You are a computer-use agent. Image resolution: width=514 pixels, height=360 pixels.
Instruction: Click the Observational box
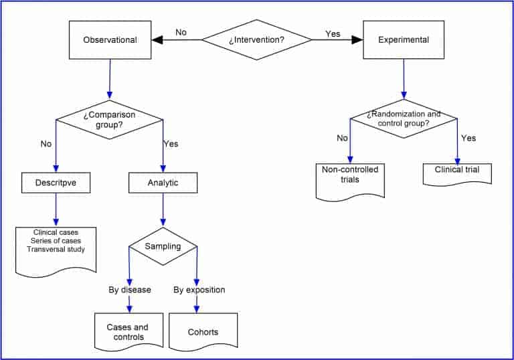click(110, 40)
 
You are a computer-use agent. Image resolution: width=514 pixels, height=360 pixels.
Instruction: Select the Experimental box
click(404, 40)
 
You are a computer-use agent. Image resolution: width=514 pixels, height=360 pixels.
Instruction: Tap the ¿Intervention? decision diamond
click(256, 40)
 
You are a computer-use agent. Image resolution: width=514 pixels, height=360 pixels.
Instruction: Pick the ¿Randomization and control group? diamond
click(404, 118)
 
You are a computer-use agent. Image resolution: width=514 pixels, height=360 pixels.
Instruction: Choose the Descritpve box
click(56, 183)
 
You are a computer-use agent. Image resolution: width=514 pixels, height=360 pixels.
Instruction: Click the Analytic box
click(163, 183)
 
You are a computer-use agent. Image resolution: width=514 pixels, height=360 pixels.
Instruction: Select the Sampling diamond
click(163, 246)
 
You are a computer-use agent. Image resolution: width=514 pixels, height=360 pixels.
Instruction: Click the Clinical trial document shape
click(457, 171)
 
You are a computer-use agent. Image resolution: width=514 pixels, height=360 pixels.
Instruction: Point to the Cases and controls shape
click(128, 331)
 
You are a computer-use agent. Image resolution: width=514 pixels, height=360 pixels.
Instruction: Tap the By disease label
click(129, 290)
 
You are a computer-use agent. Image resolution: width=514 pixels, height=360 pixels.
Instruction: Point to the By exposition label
click(199, 290)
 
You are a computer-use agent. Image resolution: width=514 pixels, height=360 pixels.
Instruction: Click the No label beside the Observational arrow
click(181, 32)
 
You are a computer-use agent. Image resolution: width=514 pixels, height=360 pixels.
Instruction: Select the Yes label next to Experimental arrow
click(333, 33)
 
